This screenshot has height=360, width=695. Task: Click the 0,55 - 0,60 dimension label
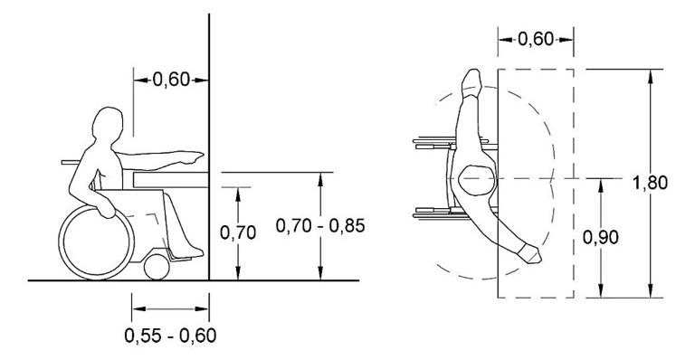pyautogui.click(x=170, y=336)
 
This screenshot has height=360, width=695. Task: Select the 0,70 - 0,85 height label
pyautogui.click(x=320, y=226)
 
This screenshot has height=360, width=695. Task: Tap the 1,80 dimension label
pyautogui.click(x=650, y=183)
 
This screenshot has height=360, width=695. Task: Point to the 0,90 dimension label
pyautogui.click(x=601, y=238)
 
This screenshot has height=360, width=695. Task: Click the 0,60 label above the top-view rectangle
pyautogui.click(x=536, y=40)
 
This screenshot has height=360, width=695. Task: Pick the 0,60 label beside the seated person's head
pyautogui.click(x=171, y=81)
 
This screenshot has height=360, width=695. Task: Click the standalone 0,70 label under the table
pyautogui.click(x=238, y=232)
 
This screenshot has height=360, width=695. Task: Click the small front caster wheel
pyautogui.click(x=157, y=267)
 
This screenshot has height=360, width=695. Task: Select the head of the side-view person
pyautogui.click(x=108, y=125)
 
